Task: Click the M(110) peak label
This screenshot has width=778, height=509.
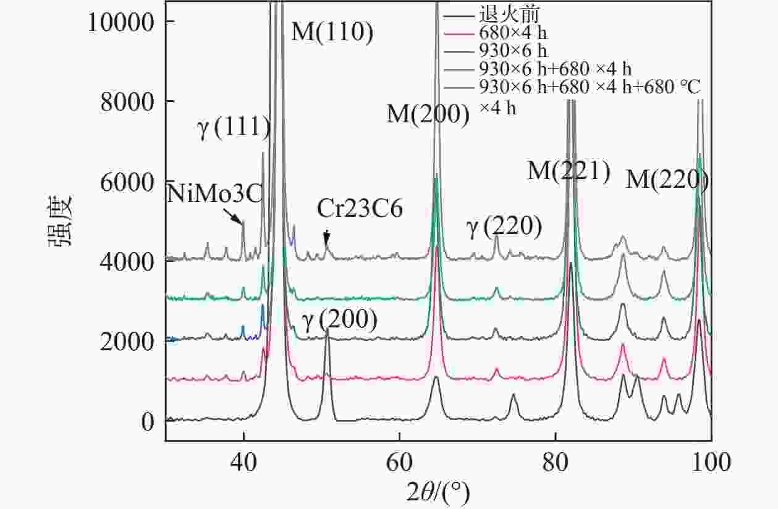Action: [x=332, y=32]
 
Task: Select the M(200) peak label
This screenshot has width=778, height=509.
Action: [x=428, y=115]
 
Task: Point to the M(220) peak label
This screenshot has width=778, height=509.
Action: [x=667, y=180]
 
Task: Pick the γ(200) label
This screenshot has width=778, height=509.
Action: [x=339, y=320]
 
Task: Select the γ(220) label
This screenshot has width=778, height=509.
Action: [x=504, y=228]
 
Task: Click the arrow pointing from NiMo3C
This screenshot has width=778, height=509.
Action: [x=234, y=215]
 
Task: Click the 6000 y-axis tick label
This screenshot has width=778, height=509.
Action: [x=127, y=182]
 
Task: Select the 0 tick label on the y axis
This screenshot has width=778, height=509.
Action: [x=147, y=423]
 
